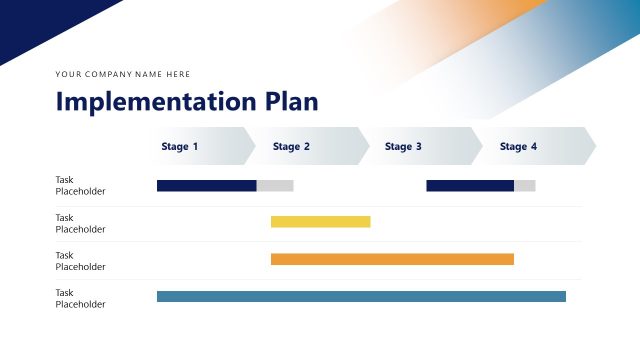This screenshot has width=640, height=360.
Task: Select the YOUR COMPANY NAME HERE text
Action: tap(123, 74)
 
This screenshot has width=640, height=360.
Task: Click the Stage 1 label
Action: tap(180, 147)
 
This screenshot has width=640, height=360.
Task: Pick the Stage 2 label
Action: tap(291, 147)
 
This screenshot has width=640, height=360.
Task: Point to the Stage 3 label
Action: tap(403, 147)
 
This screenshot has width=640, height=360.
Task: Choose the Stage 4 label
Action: tap(518, 147)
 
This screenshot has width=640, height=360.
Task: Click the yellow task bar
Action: tap(320, 222)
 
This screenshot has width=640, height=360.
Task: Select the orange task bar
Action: tap(392, 259)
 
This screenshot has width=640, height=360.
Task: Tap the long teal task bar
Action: tap(361, 296)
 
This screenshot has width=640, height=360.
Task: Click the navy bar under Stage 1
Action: tap(206, 186)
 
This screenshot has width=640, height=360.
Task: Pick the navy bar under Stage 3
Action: tap(470, 186)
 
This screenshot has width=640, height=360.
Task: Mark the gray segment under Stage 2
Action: tap(275, 186)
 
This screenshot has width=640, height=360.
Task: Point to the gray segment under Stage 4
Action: tap(525, 186)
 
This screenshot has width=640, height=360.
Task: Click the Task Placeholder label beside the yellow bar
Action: tap(80, 223)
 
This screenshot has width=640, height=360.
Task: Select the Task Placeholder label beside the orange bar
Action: tap(80, 261)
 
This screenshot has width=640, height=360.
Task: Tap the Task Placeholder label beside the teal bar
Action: tap(80, 298)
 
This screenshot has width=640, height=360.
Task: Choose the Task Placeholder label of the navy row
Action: tap(80, 185)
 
